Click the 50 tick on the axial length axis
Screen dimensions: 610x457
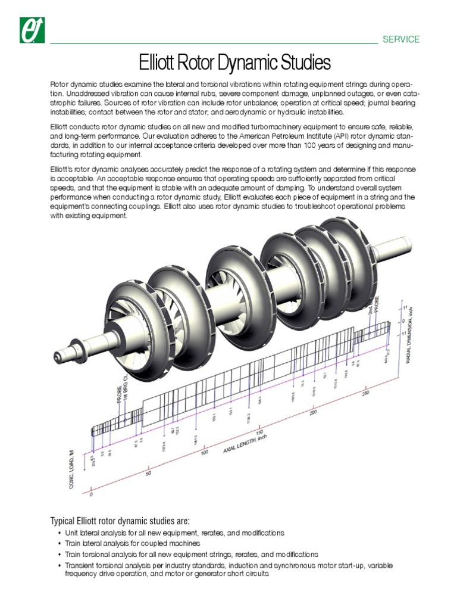[x=148, y=474]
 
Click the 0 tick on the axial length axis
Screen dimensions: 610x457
[x=91, y=494]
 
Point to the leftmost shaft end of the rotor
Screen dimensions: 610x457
[x=58, y=357]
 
